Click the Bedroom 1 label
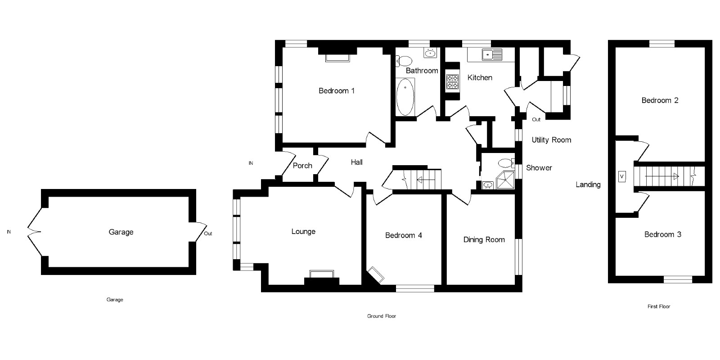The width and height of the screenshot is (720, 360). pyautogui.click(x=337, y=91)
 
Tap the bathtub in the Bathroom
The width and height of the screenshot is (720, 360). pyautogui.click(x=405, y=97)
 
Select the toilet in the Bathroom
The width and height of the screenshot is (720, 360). pyautogui.click(x=405, y=60)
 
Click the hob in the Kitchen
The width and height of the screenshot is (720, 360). pyautogui.click(x=452, y=81)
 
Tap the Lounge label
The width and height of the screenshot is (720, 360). pyautogui.click(x=303, y=232)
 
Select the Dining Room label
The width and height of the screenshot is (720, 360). pyautogui.click(x=484, y=240)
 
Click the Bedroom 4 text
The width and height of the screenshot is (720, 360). pyautogui.click(x=404, y=235)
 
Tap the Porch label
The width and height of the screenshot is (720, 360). pyautogui.click(x=302, y=166)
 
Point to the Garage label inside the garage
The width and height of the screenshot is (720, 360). pyautogui.click(x=121, y=232)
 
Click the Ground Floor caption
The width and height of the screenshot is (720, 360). pyautogui.click(x=382, y=316)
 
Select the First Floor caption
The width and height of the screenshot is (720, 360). pyautogui.click(x=659, y=306)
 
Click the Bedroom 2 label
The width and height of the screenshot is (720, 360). pyautogui.click(x=660, y=100)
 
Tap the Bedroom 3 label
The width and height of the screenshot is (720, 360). pyautogui.click(x=662, y=234)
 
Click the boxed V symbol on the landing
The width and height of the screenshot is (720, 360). pyautogui.click(x=622, y=176)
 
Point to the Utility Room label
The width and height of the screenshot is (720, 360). pyautogui.click(x=551, y=140)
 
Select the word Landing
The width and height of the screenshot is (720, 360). pyautogui.click(x=588, y=184)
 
